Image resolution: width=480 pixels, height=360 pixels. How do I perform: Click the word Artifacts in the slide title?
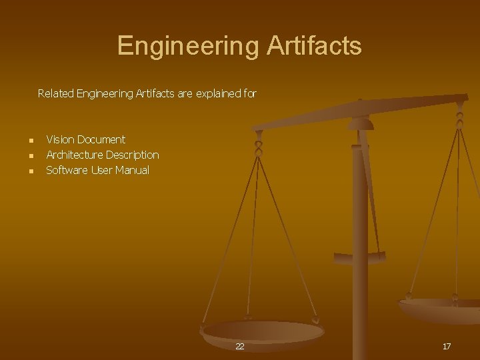tap(314, 46)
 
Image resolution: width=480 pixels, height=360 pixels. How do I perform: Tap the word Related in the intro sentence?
tap(56, 94)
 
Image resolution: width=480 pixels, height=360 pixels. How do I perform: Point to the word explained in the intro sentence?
tap(216, 94)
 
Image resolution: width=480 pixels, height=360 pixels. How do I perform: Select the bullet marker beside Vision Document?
tap(31, 141)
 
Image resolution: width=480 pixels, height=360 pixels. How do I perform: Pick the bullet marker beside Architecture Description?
tap(31, 156)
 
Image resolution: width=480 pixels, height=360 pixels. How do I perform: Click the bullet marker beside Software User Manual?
tap(31, 171)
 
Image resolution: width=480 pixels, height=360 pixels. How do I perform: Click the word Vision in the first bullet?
tap(60, 139)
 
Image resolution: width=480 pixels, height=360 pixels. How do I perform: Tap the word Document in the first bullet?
tap(101, 139)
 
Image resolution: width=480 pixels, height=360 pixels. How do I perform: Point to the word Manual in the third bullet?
tap(133, 170)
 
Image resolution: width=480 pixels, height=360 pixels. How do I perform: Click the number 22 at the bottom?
tap(240, 347)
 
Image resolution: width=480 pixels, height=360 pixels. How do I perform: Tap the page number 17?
tap(447, 347)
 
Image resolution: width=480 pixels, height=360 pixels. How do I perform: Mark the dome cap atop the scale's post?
tap(361, 124)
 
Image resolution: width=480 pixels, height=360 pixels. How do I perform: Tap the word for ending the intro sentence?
tap(250, 94)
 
